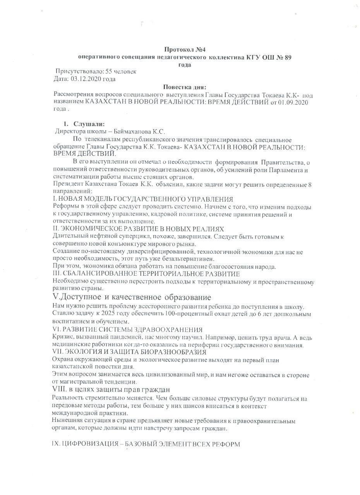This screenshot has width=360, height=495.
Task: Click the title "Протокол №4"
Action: pos(184,49)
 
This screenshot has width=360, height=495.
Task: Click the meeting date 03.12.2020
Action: pos(85,79)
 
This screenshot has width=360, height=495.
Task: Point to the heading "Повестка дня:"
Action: pos(184,87)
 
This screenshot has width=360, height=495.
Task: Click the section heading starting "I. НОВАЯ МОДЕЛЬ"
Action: pos(142,199)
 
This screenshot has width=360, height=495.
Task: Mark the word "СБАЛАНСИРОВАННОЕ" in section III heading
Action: pos(94,274)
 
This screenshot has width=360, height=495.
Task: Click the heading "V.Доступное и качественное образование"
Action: pos(132,297)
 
